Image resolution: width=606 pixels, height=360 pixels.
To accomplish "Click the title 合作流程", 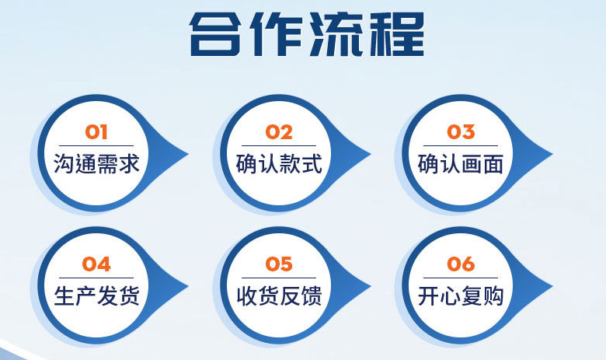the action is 307,34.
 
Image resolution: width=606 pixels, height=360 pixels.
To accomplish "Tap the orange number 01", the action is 96,132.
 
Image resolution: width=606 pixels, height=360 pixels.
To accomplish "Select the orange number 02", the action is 279,132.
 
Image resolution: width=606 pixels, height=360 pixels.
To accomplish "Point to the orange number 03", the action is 461,132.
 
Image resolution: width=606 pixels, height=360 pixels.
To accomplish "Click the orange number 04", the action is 96,264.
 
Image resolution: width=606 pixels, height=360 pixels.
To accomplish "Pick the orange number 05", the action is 279,264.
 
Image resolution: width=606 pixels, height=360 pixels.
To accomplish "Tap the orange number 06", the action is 461,264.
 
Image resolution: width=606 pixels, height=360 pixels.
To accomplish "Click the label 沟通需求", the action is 96,163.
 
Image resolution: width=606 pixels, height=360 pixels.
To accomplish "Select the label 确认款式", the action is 279,163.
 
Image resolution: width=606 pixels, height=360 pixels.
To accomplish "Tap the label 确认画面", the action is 461,163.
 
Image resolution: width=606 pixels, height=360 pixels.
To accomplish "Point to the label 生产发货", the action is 96,295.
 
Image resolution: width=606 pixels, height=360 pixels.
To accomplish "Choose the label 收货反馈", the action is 279,295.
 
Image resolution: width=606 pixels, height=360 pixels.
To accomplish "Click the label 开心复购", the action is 461,295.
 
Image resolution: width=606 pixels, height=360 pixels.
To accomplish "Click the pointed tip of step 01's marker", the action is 188,154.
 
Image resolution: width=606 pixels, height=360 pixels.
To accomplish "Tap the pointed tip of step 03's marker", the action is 552,154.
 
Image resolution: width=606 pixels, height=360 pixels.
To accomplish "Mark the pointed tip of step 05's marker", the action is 371,287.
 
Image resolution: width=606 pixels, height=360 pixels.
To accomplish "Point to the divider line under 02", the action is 279,145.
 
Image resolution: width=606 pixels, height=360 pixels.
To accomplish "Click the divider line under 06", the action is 461,278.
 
